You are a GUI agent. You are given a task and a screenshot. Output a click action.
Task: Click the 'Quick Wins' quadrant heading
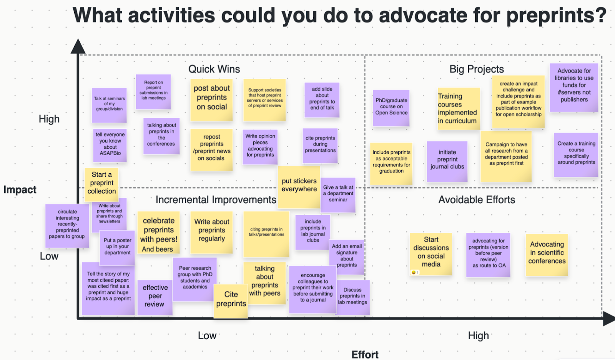click(x=214, y=69)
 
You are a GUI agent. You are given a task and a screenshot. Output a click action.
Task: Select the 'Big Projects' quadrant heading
click(x=477, y=69)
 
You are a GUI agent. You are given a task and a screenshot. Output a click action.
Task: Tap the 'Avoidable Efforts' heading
click(x=477, y=200)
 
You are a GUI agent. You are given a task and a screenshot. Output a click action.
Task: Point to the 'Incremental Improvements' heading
click(x=216, y=200)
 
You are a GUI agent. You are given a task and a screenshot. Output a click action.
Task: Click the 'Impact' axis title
click(x=20, y=189)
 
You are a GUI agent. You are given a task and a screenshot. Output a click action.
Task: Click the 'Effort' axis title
click(x=365, y=355)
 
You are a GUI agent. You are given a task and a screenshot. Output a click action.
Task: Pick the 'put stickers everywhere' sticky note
click(x=299, y=187)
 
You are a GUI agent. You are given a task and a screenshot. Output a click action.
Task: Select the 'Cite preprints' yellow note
click(x=231, y=301)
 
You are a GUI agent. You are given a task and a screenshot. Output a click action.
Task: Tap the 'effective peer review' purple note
click(x=155, y=297)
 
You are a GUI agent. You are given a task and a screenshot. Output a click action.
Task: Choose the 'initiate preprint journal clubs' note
click(x=447, y=162)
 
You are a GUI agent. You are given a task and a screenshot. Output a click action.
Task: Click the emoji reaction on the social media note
click(x=415, y=272)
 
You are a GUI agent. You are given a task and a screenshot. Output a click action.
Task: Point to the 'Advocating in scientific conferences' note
click(x=547, y=255)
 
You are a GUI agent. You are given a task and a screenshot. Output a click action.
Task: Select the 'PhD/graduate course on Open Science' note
click(x=391, y=108)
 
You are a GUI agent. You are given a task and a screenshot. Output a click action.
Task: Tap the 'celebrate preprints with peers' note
click(x=159, y=233)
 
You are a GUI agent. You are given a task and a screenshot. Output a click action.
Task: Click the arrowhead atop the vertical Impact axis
click(x=78, y=46)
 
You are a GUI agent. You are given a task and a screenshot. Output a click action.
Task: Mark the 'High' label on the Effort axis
click(x=478, y=335)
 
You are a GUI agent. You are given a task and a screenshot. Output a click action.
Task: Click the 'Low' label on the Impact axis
click(x=49, y=256)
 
